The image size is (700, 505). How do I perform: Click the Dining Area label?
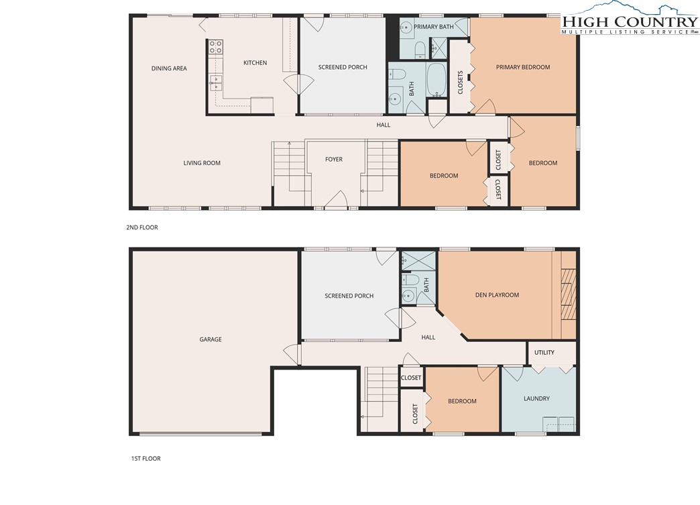click(x=169, y=68)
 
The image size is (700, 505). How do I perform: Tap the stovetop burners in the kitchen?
click(x=217, y=47)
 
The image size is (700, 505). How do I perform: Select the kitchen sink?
click(x=216, y=82)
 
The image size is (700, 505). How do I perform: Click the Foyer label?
click(x=334, y=159)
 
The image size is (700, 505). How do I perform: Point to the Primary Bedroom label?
click(x=523, y=67)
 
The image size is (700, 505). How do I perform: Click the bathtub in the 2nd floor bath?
click(x=436, y=80)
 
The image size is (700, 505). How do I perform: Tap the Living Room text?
click(x=202, y=163)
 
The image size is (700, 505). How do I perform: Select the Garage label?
click(x=211, y=339)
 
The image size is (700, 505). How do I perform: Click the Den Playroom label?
click(x=497, y=294)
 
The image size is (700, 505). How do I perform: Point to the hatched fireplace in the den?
click(x=568, y=294)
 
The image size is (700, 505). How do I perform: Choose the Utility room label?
click(x=544, y=352)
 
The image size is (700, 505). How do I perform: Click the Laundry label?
click(x=536, y=398)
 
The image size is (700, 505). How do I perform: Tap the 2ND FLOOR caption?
click(x=142, y=227)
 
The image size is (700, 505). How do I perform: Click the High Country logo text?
click(x=630, y=21)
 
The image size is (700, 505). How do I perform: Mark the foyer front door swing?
click(x=336, y=199)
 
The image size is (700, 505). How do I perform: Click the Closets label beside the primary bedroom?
click(x=460, y=82)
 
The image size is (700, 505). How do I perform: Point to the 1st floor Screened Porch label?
click(x=349, y=296)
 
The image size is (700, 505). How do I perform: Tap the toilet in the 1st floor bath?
click(x=410, y=280)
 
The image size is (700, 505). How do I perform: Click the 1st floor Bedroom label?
click(x=462, y=401)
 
